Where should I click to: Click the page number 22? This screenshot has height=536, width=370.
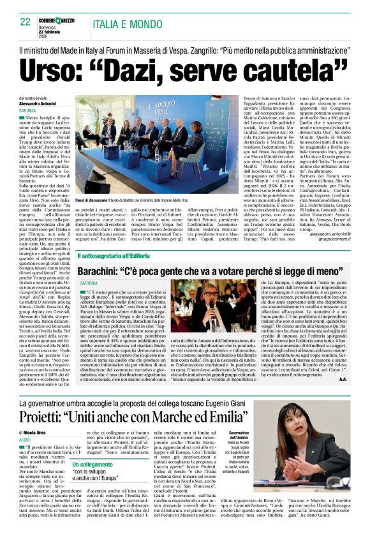coord(25,21)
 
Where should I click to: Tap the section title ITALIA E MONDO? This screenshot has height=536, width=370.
coord(126,22)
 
